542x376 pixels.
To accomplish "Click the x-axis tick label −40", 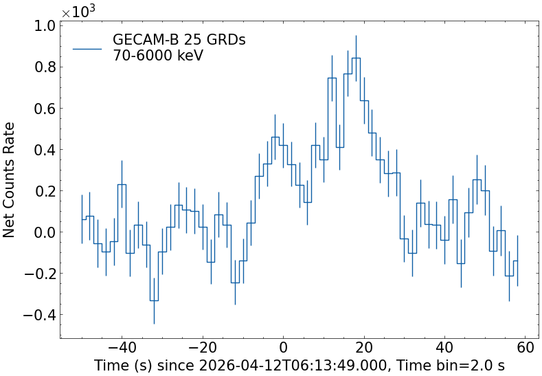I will click(x=122, y=349).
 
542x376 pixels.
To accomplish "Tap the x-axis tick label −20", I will click(x=203, y=349).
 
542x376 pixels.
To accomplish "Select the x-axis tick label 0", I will click(x=284, y=349).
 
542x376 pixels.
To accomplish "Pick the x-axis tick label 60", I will click(x=526, y=349).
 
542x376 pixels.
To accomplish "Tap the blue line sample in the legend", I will click(x=87, y=48).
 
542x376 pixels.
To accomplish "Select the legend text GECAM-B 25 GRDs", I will click(x=179, y=40).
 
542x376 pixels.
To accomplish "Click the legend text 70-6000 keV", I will click(x=158, y=56).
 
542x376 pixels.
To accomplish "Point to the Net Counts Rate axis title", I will click(x=10, y=179).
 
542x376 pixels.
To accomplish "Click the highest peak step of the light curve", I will click(x=356, y=58).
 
